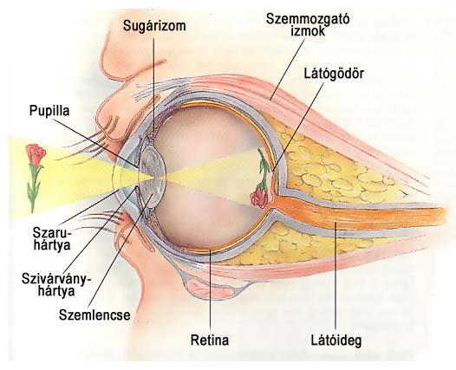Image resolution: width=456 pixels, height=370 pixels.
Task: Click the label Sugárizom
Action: pos(154,26)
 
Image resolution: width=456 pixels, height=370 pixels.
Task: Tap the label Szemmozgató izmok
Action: pos(308,25)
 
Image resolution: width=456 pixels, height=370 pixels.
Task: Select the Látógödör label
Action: pos(334,74)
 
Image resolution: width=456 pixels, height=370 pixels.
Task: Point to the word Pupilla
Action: pos(49,111)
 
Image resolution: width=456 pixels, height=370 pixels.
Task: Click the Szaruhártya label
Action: pos(52,239)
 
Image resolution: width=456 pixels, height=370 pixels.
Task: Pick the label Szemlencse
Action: pos(94,315)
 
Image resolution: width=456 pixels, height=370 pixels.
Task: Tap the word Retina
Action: pos(210,340)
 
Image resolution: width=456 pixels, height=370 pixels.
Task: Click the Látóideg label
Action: pos(336,340)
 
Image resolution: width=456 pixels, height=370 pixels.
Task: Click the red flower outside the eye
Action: pos(36,154)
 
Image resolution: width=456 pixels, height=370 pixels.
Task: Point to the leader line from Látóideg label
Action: pos(335,276)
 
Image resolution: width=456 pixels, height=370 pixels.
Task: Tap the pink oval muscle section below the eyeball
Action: pos(210,288)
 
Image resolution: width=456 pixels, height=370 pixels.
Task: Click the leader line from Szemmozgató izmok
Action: pos(287,69)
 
